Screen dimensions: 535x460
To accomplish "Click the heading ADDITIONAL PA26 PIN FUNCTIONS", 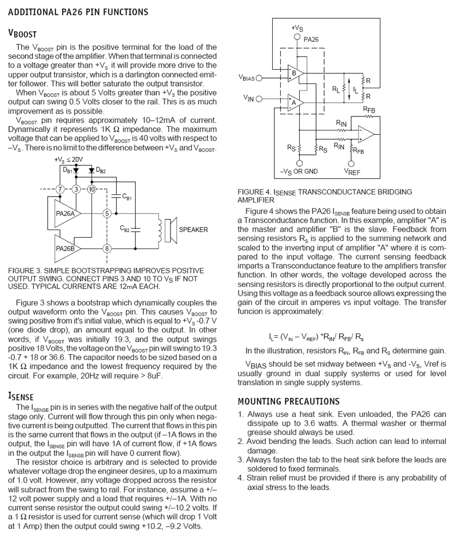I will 78,12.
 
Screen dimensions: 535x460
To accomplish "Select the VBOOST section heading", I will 22,34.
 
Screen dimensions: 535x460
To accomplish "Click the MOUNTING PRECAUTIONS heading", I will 288,401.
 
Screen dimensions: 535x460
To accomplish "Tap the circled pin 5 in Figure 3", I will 107,213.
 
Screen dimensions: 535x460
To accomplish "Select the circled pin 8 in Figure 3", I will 107,249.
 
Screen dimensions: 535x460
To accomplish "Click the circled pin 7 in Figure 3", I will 61,189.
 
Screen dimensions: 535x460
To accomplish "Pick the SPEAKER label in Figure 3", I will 193,230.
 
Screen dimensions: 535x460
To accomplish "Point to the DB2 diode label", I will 101,171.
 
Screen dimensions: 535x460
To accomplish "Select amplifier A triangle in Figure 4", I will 295,102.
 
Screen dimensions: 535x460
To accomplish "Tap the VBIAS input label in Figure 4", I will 246,78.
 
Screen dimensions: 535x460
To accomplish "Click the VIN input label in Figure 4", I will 248,99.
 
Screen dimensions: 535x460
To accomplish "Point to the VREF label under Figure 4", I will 352,172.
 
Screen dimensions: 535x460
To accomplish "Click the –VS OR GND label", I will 299,172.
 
